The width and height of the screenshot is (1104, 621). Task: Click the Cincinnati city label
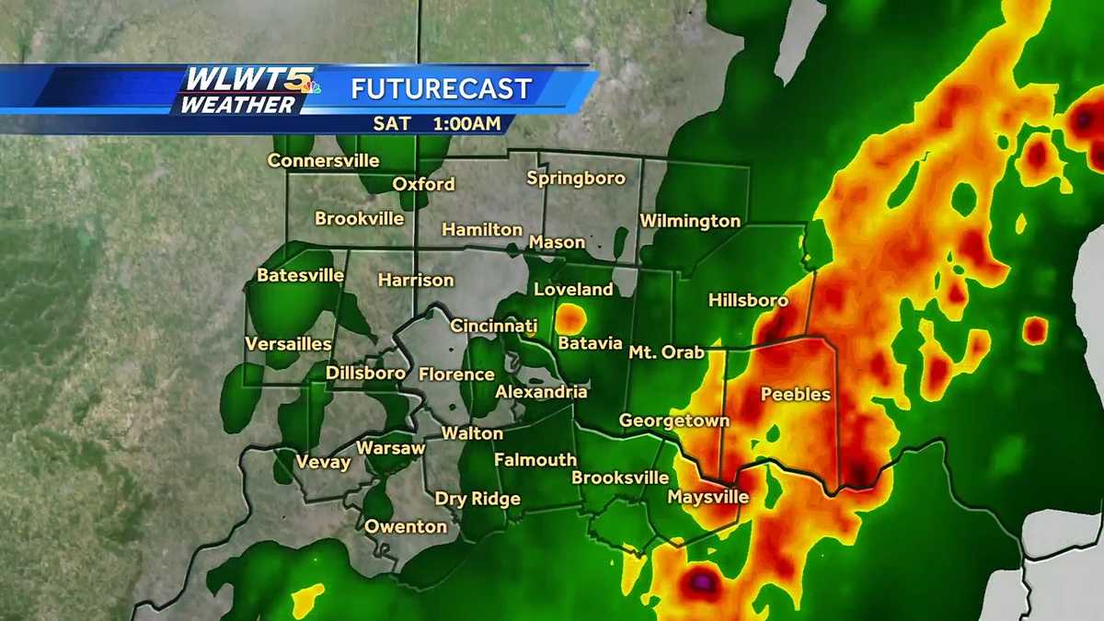click(x=493, y=326)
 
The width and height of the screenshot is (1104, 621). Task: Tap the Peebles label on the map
click(x=796, y=395)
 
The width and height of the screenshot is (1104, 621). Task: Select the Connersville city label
click(x=323, y=161)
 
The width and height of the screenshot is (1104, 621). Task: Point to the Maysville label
click(x=707, y=497)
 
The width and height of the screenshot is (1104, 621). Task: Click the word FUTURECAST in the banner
click(x=442, y=89)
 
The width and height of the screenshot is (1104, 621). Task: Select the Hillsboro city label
click(x=748, y=300)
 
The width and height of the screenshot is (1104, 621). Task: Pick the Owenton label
click(x=406, y=527)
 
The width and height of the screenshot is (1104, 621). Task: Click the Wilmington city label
click(x=690, y=221)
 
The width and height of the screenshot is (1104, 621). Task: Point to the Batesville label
click(x=301, y=275)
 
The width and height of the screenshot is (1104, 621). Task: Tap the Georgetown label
click(x=674, y=420)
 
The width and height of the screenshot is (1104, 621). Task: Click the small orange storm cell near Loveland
click(x=571, y=318)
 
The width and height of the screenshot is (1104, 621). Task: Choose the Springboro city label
click(x=576, y=178)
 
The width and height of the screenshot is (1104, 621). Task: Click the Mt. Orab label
click(x=666, y=351)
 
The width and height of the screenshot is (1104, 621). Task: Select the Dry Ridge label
click(x=477, y=499)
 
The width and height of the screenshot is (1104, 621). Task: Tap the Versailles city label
click(x=288, y=344)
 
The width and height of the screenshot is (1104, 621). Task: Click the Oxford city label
click(x=423, y=184)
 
